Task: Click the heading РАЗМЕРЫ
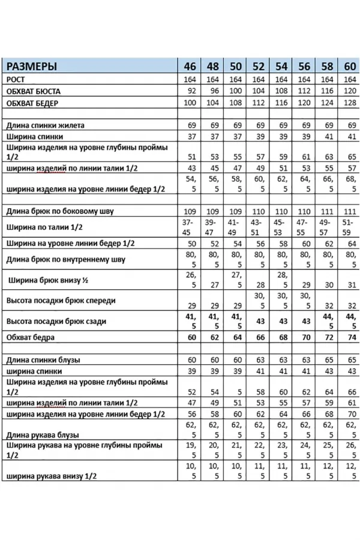point(32,66)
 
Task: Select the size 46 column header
point(190,66)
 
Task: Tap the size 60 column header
point(349,66)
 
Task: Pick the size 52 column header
point(258,66)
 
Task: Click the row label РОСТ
point(16,79)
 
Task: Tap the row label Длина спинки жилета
point(45,125)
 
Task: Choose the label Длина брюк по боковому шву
point(59,211)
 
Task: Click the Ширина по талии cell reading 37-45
point(189,227)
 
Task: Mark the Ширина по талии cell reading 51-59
point(349,227)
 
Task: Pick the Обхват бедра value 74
point(349,337)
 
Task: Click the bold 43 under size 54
point(281,321)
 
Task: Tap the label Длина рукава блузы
point(43,434)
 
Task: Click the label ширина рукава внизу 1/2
point(51,476)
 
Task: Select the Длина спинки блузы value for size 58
point(328,360)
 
